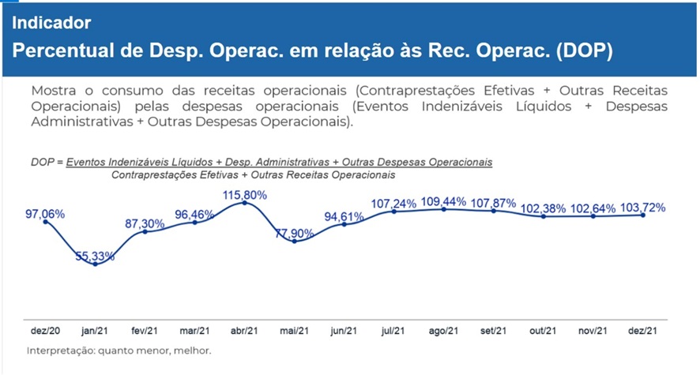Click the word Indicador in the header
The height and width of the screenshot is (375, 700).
click(51, 22)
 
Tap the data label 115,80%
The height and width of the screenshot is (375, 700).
click(245, 194)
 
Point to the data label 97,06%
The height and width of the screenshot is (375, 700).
click(45, 214)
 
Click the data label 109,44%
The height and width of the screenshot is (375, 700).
click(443, 201)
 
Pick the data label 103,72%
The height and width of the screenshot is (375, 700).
click(642, 208)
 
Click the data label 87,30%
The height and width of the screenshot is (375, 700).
click(145, 224)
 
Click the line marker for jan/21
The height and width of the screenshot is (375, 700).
click(96, 264)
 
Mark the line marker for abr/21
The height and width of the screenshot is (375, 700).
click(245, 203)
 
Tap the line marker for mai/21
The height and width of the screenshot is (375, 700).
click(295, 241)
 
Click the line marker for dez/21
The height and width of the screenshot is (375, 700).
click(642, 215)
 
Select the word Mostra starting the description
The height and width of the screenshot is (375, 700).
click(52, 91)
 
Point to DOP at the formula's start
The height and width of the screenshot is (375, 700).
click(43, 161)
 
